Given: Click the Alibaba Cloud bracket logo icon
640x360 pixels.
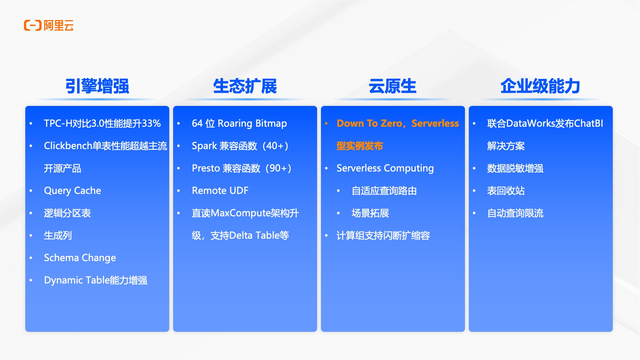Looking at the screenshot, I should pyautogui.click(x=33, y=26).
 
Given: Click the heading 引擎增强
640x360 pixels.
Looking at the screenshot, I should pyautogui.click(x=97, y=86).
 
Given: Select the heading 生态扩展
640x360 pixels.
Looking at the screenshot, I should pyautogui.click(x=245, y=86).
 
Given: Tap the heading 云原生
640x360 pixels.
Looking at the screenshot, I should pyautogui.click(x=392, y=86).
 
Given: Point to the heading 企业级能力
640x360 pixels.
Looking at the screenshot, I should pyautogui.click(x=540, y=86).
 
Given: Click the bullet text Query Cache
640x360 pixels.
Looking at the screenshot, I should pyautogui.click(x=72, y=191).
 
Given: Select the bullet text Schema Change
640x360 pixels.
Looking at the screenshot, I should pyautogui.click(x=80, y=258).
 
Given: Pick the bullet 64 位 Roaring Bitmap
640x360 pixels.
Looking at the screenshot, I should pyautogui.click(x=239, y=124).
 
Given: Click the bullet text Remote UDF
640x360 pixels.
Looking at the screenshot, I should pyautogui.click(x=220, y=191).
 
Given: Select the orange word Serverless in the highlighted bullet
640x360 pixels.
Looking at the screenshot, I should pyautogui.click(x=435, y=124).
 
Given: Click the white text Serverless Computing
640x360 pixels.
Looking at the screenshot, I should pyautogui.click(x=385, y=168).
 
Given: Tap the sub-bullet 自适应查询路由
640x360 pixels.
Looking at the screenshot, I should pyautogui.click(x=384, y=191).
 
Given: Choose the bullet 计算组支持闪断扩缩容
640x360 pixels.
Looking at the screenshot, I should pyautogui.click(x=383, y=236).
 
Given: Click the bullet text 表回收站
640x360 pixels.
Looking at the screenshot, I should pyautogui.click(x=506, y=191).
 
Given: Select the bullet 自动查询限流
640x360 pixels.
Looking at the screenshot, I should pyautogui.click(x=515, y=213).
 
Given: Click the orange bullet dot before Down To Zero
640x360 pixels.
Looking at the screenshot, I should pyautogui.click(x=326, y=124).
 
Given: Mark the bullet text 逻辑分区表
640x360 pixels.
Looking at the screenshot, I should pyautogui.click(x=67, y=213).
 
